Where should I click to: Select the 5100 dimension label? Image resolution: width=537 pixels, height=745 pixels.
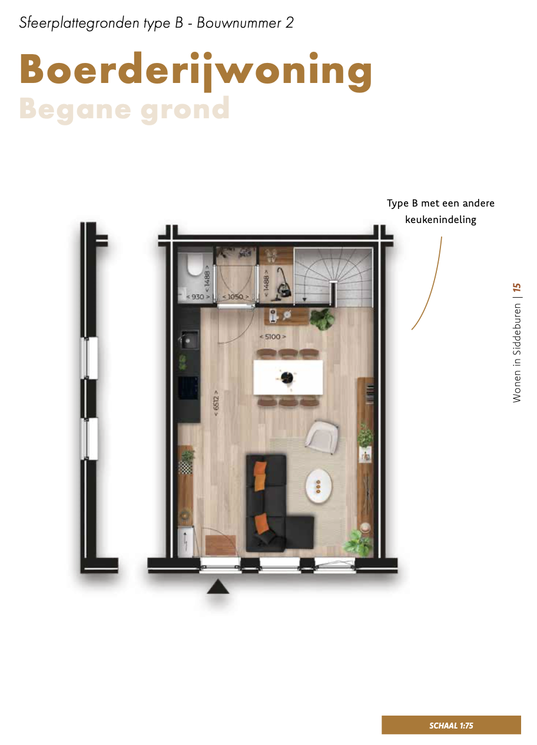tap(273, 337)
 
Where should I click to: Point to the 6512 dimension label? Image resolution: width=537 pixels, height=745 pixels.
tap(216, 403)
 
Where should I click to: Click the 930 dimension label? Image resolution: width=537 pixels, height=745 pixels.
tap(198, 297)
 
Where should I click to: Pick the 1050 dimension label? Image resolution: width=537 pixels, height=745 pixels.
tap(236, 297)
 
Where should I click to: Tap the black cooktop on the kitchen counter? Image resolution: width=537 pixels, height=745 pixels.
tap(188, 388)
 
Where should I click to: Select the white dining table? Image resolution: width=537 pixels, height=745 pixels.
tap(288, 377)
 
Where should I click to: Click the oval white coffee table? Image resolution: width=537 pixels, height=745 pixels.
tap(319, 486)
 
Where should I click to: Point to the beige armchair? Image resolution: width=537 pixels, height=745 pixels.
tap(321, 437)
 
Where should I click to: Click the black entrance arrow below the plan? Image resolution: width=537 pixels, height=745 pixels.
tap(218, 586)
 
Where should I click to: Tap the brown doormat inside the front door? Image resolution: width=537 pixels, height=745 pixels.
tap(221, 545)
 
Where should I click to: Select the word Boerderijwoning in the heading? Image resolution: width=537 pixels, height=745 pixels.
tap(196, 71)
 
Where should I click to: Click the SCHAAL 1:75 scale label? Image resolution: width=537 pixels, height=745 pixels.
tap(451, 726)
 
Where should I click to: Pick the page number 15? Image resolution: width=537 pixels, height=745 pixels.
tap(517, 287)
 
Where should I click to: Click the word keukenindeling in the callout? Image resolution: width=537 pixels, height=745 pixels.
tap(440, 220)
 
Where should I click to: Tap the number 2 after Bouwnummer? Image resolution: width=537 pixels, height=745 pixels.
tap(290, 22)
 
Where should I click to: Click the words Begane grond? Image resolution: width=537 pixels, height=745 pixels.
tap(124, 109)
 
